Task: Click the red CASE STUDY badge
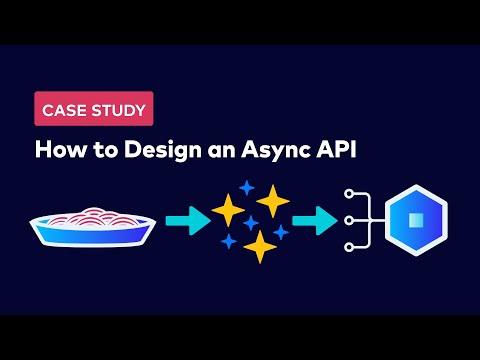pos(95,109)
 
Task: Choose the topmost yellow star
pos(272,200)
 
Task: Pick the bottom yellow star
pos(260,246)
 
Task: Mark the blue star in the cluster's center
pos(251,223)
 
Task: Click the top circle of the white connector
pos(347,193)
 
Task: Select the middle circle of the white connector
pos(347,219)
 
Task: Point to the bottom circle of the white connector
pos(347,246)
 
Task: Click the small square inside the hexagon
pos(415,220)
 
